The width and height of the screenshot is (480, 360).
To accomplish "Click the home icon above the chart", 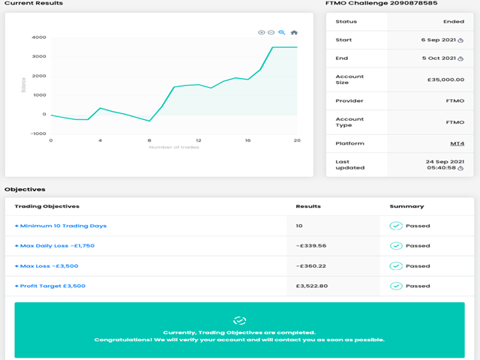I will pyautogui.click(x=294, y=32).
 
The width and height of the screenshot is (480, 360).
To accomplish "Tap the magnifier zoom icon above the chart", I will pyautogui.click(x=282, y=32).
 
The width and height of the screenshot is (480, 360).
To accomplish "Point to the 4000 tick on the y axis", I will pyautogui.click(x=38, y=37).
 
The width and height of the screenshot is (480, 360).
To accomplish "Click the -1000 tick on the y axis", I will pyautogui.click(x=37, y=133).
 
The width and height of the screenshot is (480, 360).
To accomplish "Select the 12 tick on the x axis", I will pyautogui.click(x=198, y=141).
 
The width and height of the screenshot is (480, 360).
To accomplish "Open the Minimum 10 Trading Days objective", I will pyautogui.click(x=61, y=226).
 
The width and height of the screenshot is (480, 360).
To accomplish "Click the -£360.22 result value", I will pyautogui.click(x=311, y=265).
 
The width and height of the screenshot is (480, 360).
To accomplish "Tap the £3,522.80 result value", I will pyautogui.click(x=311, y=286).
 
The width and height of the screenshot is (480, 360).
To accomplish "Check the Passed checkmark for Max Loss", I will pyautogui.click(x=396, y=265).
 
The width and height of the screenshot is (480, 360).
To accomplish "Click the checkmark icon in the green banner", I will pyautogui.click(x=239, y=320).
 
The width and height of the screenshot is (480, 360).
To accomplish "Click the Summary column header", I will pyautogui.click(x=406, y=206).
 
